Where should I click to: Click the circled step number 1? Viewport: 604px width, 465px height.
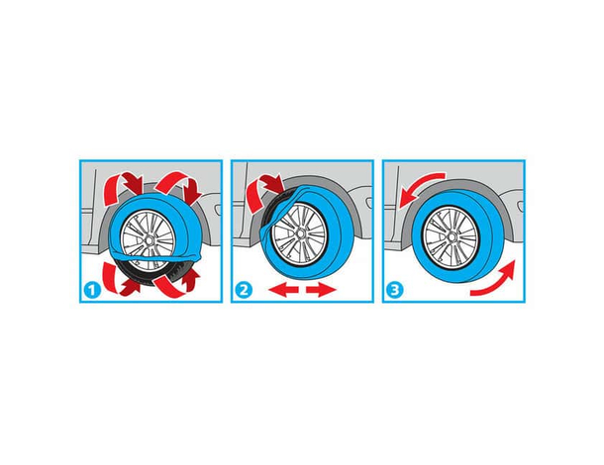92,290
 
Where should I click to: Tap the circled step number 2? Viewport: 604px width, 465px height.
243,290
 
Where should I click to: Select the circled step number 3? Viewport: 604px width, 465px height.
394,290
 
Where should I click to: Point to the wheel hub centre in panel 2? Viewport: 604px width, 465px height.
300,233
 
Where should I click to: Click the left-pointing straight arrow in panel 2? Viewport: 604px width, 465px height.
283,290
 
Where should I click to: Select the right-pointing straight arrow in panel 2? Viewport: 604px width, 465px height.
321,290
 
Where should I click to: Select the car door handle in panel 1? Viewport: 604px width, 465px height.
218,210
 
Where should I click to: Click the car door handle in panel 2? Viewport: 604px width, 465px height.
369,203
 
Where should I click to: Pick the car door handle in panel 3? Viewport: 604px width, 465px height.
521,206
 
